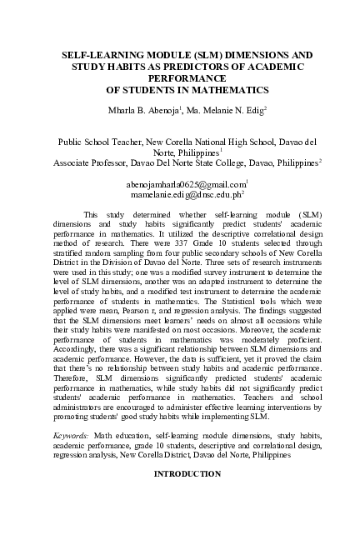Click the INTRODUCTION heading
179,473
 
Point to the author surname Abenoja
172,110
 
